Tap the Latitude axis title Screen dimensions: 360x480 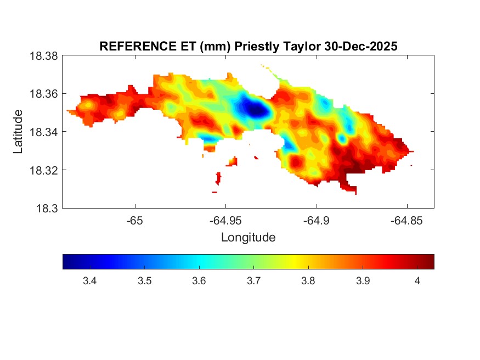click(x=18, y=132)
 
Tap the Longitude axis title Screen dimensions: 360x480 click(x=248, y=238)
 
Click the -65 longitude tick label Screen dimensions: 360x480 click(x=135, y=221)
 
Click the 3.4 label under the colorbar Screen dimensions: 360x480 click(x=89, y=281)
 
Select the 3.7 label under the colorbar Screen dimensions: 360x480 click(x=253, y=281)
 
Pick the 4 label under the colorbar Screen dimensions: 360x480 click(x=417, y=281)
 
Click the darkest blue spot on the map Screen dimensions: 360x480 click(x=256, y=109)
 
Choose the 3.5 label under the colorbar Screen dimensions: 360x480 click(x=144, y=281)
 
